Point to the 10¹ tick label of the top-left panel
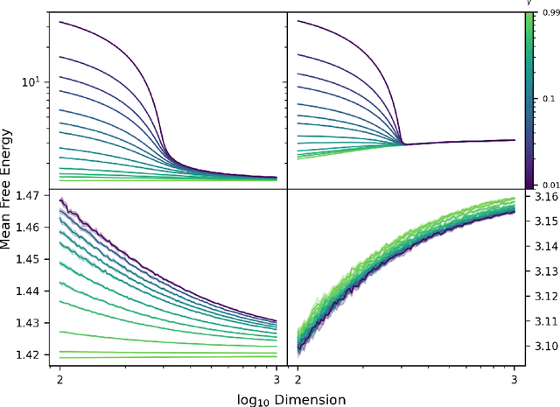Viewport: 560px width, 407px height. (x=30, y=81)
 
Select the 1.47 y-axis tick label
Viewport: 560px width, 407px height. (x=28, y=197)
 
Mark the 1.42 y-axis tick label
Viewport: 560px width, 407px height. (x=28, y=354)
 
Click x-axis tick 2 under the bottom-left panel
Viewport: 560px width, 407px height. (x=59, y=379)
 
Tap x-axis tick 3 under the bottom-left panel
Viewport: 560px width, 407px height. (x=276, y=379)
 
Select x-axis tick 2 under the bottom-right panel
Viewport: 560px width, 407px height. (x=297, y=379)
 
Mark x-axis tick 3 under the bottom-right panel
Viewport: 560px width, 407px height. (x=514, y=379)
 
